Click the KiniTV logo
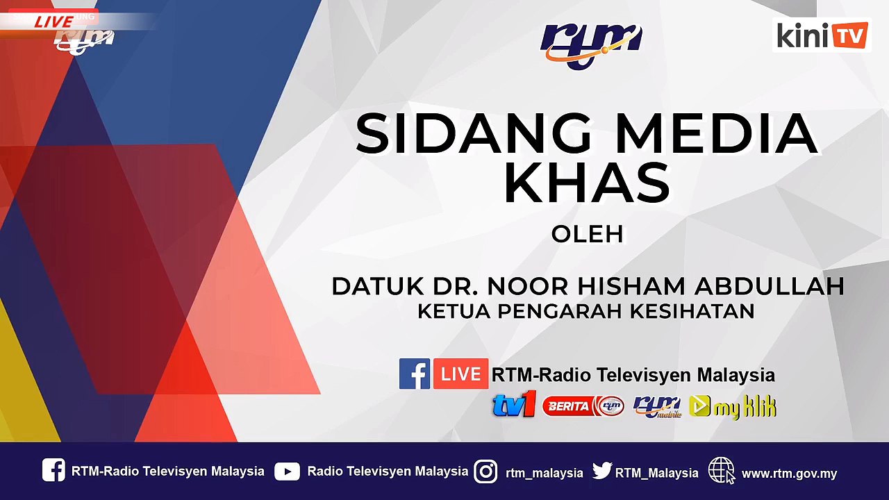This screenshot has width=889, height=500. [x=822, y=35]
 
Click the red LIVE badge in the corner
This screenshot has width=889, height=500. [x=53, y=21]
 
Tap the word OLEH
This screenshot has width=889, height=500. [x=587, y=235]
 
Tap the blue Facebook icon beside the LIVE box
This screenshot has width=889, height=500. [x=415, y=374]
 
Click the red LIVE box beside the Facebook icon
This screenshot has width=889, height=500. [x=460, y=374]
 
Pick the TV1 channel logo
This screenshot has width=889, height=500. [x=514, y=405]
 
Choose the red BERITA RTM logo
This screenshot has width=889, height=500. [x=583, y=406]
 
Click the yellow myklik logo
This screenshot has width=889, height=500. [x=733, y=406]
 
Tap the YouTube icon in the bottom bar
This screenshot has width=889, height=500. [x=287, y=472]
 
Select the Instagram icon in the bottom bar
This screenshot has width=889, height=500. [x=486, y=472]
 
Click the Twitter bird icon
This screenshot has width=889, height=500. [x=602, y=472]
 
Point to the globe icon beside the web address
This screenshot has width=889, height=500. [x=721, y=471]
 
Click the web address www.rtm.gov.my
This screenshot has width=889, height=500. [x=789, y=474]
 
